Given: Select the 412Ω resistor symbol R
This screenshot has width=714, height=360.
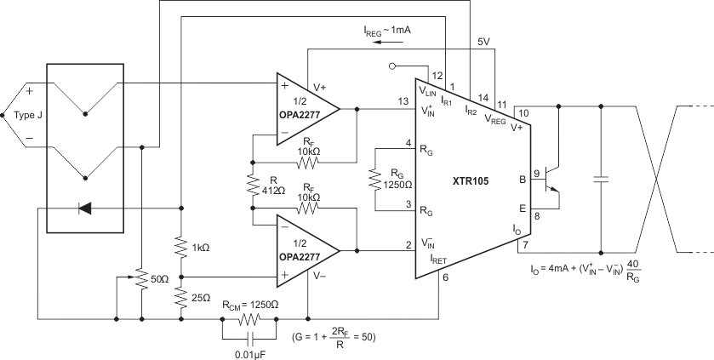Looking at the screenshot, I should tap(253, 185).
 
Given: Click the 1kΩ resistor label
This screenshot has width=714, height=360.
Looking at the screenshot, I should tap(201, 248).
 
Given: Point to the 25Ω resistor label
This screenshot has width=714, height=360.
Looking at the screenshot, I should tap(201, 297).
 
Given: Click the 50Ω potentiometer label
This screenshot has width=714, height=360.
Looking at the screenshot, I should tap(158, 277).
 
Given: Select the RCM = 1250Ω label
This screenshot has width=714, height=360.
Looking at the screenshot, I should tap(250, 303).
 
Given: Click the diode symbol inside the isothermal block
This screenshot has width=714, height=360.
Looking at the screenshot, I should tap(85, 207).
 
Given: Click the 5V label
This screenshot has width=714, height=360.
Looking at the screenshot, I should tap(483, 41).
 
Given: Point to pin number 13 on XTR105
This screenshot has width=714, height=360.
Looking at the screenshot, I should tap(402, 102).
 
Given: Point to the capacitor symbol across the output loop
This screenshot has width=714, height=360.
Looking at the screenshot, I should tap(601, 180).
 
